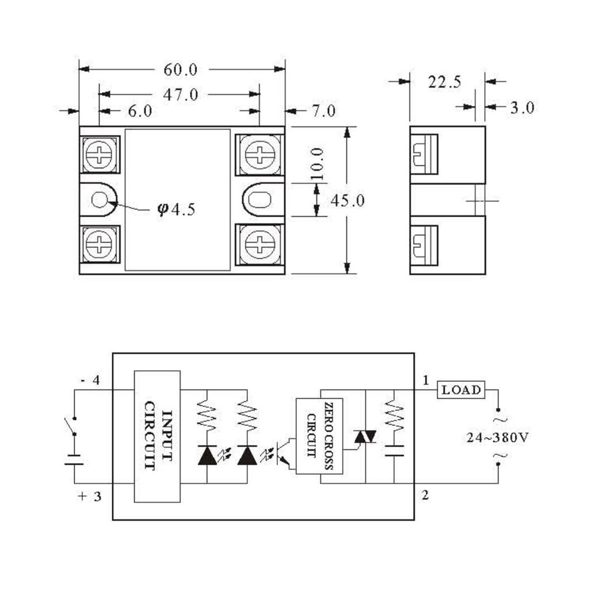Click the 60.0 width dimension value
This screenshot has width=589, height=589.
(x=180, y=70)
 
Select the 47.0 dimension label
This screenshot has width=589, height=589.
(x=180, y=95)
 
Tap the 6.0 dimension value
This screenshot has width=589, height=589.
(x=140, y=111)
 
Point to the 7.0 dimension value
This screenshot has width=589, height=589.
(x=324, y=111)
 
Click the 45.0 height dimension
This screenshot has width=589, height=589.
(x=347, y=201)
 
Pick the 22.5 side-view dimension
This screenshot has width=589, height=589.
(x=445, y=82)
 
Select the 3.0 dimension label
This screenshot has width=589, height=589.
(x=522, y=108)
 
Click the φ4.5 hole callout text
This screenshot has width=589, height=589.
(x=177, y=209)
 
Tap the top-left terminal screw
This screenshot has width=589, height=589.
(x=99, y=154)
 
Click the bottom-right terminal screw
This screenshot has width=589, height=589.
(x=259, y=244)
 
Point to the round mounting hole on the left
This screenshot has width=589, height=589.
(x=100, y=200)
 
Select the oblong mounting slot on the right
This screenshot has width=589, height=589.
(x=259, y=200)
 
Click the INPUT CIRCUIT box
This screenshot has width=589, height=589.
(x=158, y=437)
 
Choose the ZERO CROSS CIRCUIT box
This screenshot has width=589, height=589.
(x=319, y=436)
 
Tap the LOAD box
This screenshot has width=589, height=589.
(x=461, y=389)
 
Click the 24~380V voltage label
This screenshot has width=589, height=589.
(x=498, y=438)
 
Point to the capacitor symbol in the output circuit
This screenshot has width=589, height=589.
(x=395, y=451)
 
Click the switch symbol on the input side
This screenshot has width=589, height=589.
(x=71, y=426)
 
